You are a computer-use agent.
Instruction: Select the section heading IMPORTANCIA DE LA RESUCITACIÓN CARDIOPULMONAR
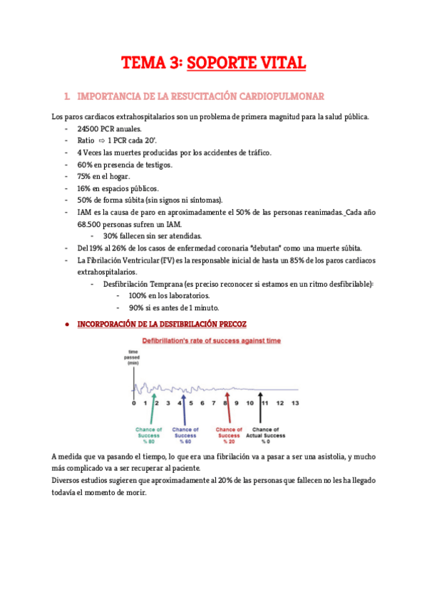click(200, 96)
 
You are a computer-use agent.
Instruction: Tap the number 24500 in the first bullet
click(88, 129)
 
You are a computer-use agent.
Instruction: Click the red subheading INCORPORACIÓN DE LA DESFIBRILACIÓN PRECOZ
click(161, 324)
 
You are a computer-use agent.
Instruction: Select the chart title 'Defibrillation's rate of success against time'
click(212, 341)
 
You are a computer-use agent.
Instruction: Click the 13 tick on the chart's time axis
click(295, 403)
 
